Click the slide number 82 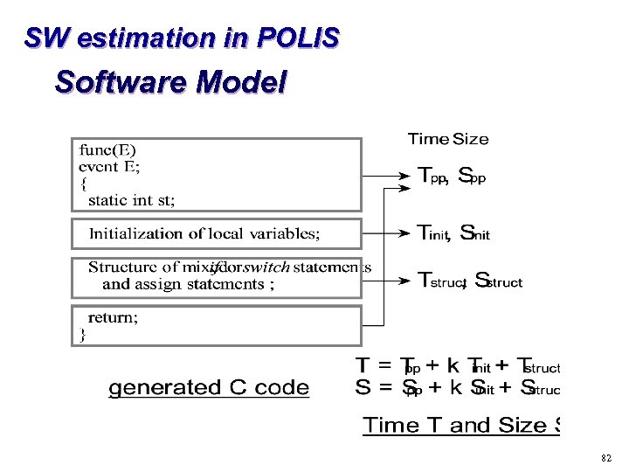(606, 457)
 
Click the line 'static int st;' (131, 200)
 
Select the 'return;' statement (113, 318)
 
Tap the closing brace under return (83, 334)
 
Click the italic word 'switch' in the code (266, 267)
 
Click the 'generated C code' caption (209, 387)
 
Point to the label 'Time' (428, 139)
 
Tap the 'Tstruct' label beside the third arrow (441, 281)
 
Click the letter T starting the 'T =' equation (362, 364)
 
